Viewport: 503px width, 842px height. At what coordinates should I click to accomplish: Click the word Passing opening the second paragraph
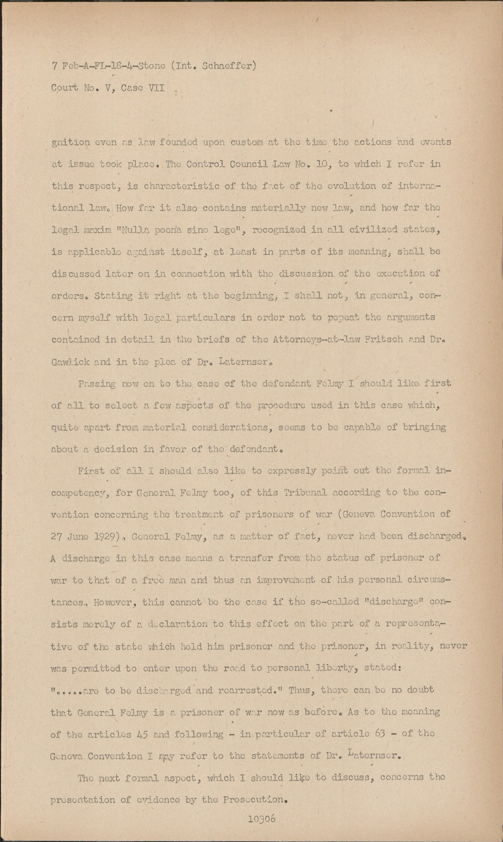pyautogui.click(x=97, y=384)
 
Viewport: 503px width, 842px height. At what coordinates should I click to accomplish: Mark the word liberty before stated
pyautogui.click(x=321, y=668)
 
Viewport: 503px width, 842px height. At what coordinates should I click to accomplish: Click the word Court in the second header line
pyautogui.click(x=65, y=88)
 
